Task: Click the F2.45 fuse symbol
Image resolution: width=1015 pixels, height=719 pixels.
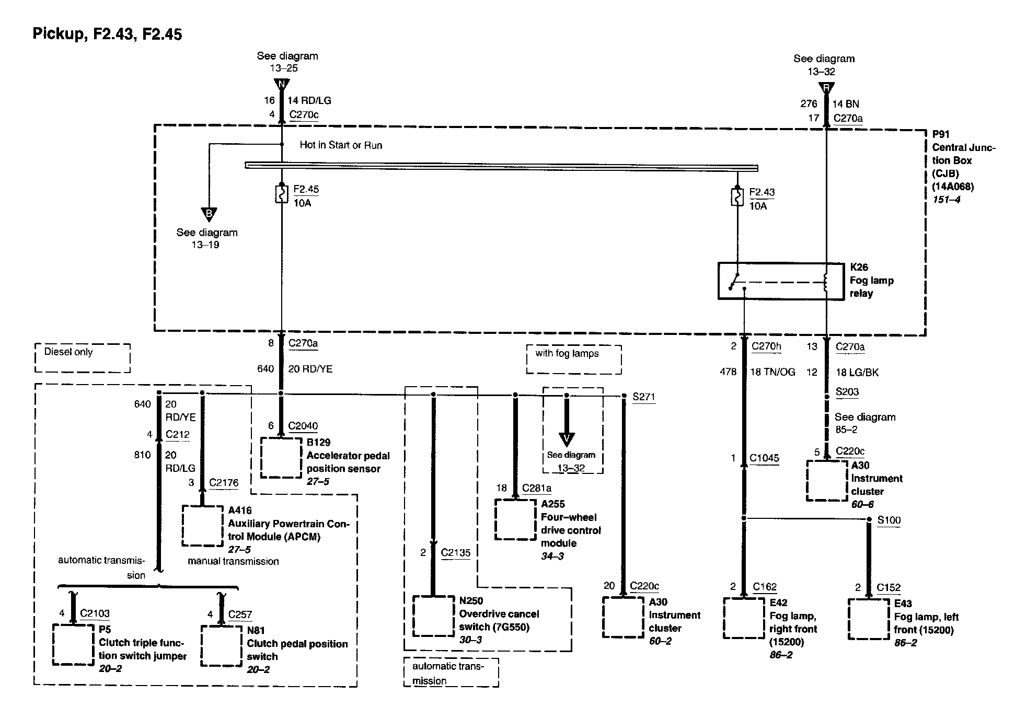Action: tap(282, 194)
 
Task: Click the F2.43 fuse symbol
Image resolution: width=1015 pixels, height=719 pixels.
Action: tap(737, 196)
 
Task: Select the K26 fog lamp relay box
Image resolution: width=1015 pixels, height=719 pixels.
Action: tap(781, 281)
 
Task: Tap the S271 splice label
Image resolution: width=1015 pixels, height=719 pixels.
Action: tap(643, 397)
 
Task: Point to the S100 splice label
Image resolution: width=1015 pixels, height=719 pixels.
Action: tap(889, 520)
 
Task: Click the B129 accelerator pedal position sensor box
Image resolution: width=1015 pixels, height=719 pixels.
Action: tap(281, 458)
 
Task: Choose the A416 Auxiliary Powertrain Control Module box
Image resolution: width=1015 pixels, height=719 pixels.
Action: tap(203, 525)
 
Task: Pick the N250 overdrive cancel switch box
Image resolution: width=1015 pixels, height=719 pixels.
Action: tap(433, 616)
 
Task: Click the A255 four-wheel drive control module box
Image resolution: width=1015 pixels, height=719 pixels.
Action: tap(515, 519)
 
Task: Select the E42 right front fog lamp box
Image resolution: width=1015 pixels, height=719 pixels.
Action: tap(744, 618)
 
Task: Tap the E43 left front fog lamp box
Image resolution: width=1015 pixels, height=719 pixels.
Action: tap(868, 619)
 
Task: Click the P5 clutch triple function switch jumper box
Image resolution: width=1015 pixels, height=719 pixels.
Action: tap(73, 645)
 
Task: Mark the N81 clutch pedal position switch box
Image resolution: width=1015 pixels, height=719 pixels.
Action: tap(221, 645)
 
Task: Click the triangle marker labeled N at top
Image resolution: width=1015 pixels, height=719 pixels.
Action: tap(282, 84)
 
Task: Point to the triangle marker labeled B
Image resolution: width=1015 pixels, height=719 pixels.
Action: tap(209, 214)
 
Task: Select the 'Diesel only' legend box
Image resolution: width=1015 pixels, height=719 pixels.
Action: tap(83, 358)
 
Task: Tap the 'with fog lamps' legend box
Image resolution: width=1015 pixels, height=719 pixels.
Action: tap(574, 359)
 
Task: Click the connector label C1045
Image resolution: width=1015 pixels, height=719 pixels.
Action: tap(764, 458)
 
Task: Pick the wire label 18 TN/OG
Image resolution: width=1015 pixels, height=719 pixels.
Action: tap(772, 372)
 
